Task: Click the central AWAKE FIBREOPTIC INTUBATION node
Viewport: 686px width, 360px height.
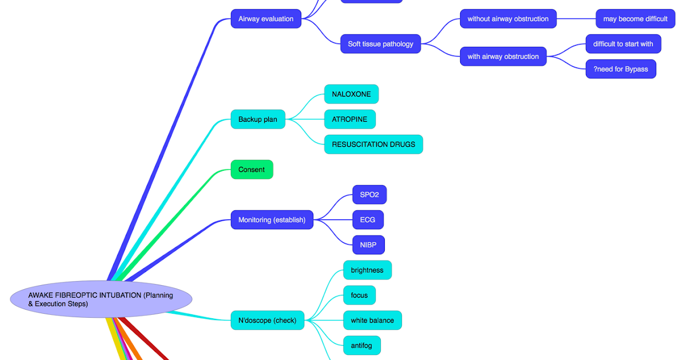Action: coord(101,299)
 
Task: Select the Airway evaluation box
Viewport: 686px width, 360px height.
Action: coord(266,19)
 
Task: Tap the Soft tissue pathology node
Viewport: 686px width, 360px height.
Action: coord(381,44)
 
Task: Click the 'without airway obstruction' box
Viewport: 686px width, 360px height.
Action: coord(508,19)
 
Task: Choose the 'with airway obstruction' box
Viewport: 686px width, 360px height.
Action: coord(503,57)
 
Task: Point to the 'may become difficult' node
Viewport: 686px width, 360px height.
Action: coord(635,19)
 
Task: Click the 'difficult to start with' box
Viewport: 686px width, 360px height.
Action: coord(623,44)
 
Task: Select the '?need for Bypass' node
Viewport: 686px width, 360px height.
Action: coord(621,69)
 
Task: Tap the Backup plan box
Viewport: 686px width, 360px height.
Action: coord(258,119)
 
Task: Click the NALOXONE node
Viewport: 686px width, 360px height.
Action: coord(352,94)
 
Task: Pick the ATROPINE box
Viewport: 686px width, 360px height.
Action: coord(350,119)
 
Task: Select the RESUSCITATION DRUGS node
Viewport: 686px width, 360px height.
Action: coord(373,145)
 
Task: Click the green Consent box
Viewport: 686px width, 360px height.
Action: coord(252,170)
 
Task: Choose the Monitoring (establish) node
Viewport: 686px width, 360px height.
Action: coord(272,220)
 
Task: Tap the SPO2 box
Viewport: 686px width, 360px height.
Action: coord(369,195)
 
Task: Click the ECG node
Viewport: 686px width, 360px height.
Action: coord(368,220)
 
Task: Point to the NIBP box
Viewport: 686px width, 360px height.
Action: coord(368,245)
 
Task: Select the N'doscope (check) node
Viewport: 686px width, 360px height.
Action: coord(268,321)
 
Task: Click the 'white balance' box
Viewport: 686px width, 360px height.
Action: coord(372,321)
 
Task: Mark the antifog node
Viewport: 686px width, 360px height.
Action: coord(361,346)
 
